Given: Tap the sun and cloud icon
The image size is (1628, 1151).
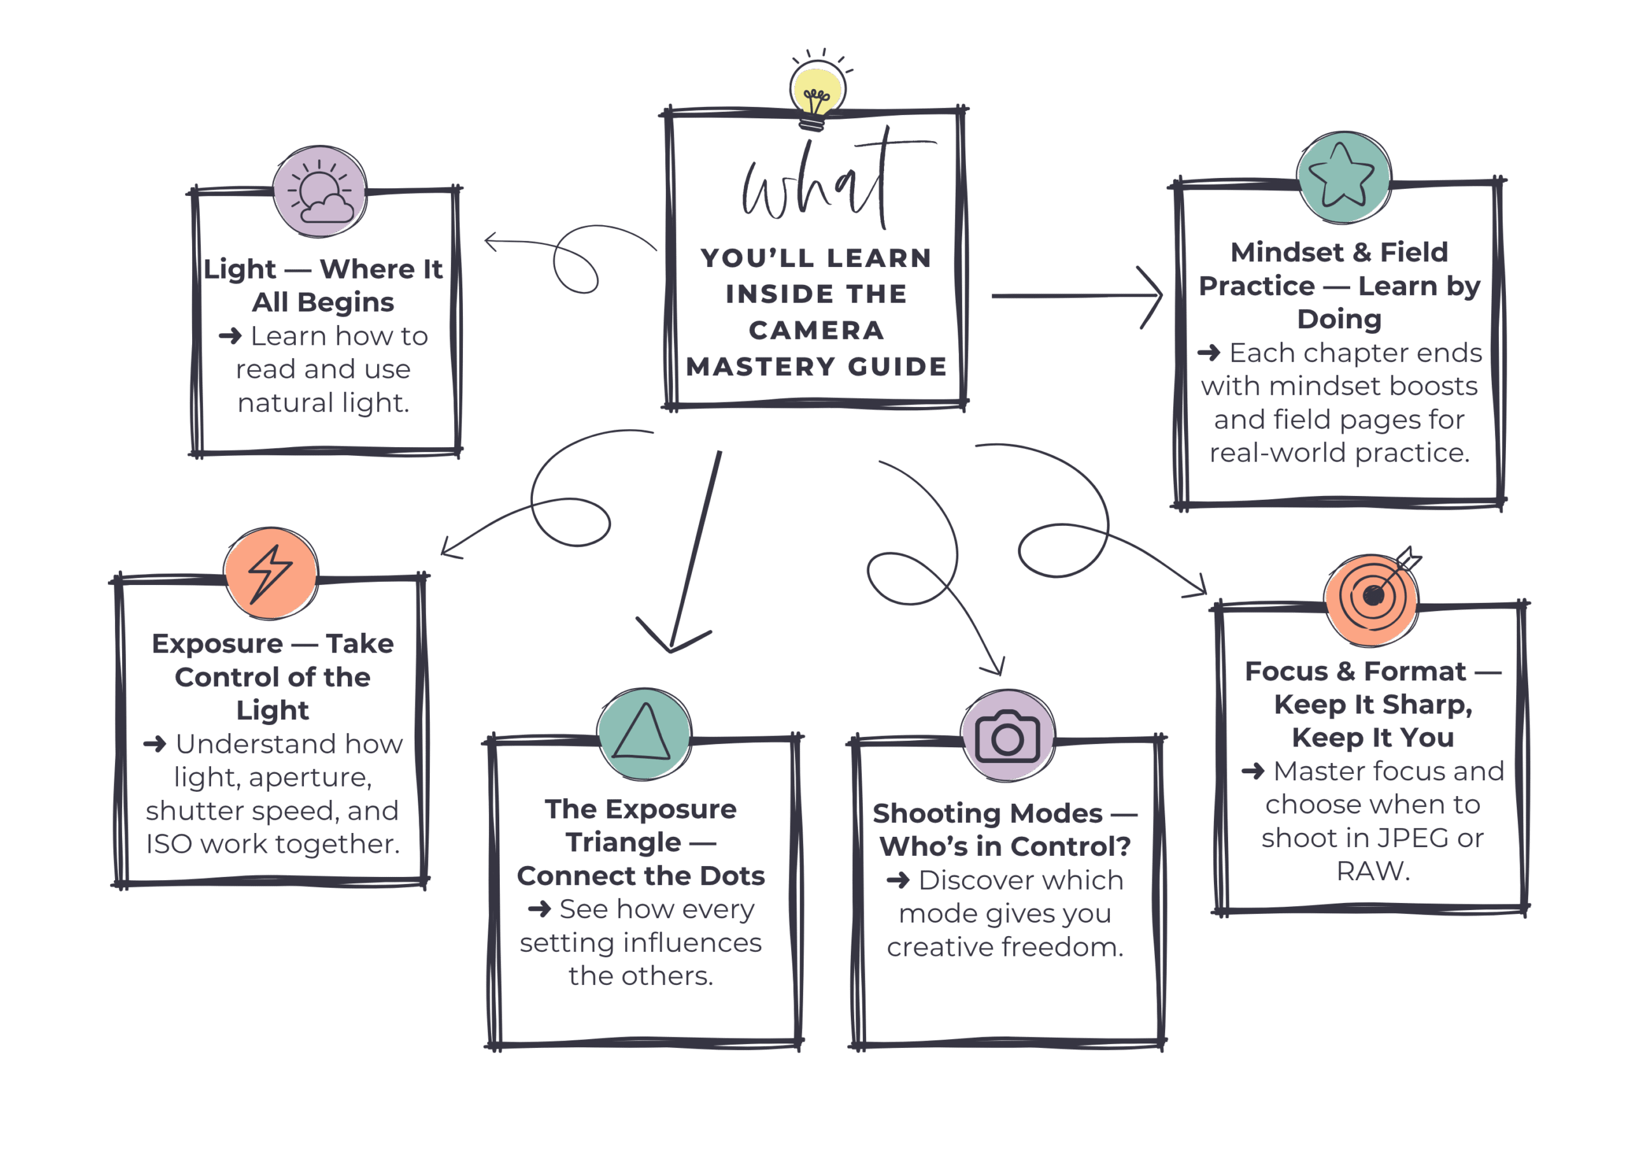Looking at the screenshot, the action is [321, 191].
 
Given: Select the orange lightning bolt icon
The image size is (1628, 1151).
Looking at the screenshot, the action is [271, 573].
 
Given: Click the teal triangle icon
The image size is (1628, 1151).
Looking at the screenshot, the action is [644, 733].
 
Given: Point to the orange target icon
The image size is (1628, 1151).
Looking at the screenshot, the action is [1373, 597].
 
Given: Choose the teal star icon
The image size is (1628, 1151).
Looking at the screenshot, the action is [1343, 177].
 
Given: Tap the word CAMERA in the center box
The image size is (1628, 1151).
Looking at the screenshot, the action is [816, 331].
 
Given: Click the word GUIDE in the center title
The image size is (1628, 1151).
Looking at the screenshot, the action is [898, 367].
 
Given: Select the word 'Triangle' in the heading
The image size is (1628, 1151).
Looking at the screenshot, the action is [623, 843].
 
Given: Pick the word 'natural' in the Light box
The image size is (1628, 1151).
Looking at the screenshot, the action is [286, 403].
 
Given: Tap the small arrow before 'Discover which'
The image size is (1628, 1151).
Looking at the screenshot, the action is [898, 881].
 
